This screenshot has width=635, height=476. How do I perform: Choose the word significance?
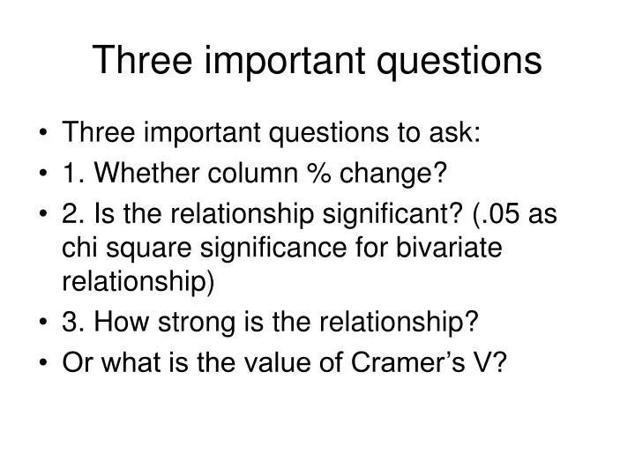pos(266,250)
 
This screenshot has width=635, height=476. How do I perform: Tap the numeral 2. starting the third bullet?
pos(72,217)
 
